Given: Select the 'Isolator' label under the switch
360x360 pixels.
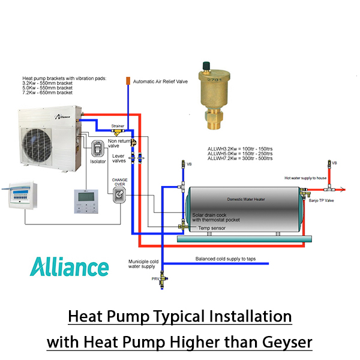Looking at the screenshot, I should [x=98, y=161].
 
